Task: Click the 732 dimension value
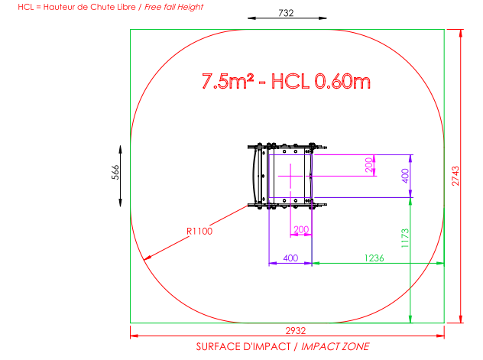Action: pyautogui.click(x=286, y=13)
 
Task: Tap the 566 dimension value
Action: pyautogui.click(x=115, y=172)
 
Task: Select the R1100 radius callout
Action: pyautogui.click(x=199, y=232)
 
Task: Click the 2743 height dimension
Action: pyautogui.click(x=455, y=176)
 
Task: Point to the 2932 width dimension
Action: pyautogui.click(x=296, y=331)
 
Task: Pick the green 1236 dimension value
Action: pyautogui.click(x=374, y=258)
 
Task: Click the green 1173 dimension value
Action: pyautogui.click(x=405, y=238)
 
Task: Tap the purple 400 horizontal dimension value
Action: pyautogui.click(x=290, y=258)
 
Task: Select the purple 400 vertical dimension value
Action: pyautogui.click(x=405, y=176)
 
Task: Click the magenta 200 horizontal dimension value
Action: pyautogui.click(x=301, y=229)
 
